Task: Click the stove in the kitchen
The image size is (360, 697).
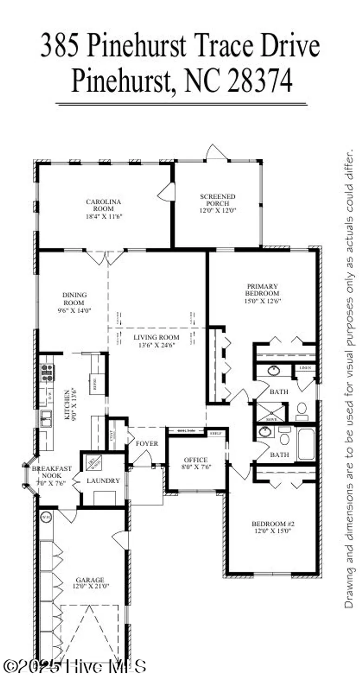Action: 47,373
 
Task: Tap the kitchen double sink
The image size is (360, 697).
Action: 46,418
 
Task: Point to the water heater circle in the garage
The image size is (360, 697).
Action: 46,517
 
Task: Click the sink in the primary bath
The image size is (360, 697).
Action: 273,371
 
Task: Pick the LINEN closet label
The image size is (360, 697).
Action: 305,368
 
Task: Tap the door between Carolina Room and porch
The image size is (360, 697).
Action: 167,192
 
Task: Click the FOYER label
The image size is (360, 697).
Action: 147,443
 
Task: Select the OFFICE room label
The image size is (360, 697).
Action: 196,460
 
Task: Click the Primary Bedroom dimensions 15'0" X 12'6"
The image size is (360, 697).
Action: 263,301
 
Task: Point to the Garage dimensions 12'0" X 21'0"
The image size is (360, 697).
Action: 90,587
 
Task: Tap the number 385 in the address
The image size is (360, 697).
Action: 61,47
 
